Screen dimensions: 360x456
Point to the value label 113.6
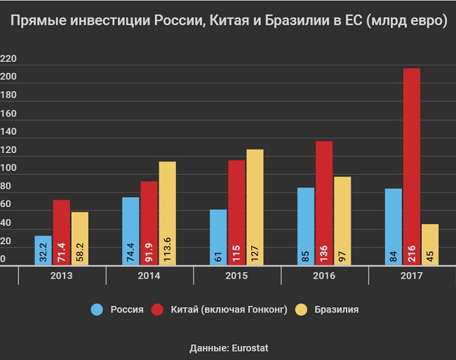[166, 247]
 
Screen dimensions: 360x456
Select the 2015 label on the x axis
[236, 276]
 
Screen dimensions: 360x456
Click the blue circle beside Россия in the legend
[98, 309]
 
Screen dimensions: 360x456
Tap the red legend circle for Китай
[156, 309]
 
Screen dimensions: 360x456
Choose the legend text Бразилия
[337, 309]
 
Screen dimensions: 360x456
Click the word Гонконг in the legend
[267, 309]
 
